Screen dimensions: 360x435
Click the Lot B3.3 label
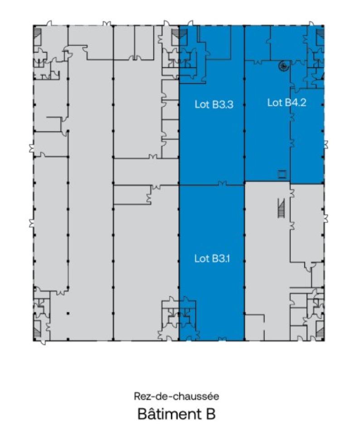pyautogui.click(x=214, y=105)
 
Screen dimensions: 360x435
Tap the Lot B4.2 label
pyautogui.click(x=287, y=103)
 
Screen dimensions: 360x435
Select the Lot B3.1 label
pyautogui.click(x=212, y=259)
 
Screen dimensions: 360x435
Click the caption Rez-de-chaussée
pyautogui.click(x=176, y=396)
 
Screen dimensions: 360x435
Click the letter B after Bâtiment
pyautogui.click(x=210, y=414)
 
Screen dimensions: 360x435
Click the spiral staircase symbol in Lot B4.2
pyautogui.click(x=284, y=66)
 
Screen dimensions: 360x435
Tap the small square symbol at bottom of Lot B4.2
pyautogui.click(x=282, y=174)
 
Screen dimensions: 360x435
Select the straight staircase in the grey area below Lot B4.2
pyautogui.click(x=281, y=208)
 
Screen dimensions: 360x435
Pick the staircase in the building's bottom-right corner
pyautogui.click(x=320, y=331)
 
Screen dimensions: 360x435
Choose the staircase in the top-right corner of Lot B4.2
pyautogui.click(x=320, y=35)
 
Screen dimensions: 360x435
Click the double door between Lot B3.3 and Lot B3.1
pyautogui.click(x=222, y=183)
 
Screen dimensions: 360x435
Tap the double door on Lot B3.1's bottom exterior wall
pyautogui.click(x=223, y=339)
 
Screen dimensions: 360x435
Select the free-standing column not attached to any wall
pyautogui.click(x=68, y=313)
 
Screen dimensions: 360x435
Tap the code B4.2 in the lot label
pyautogui.click(x=296, y=103)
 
